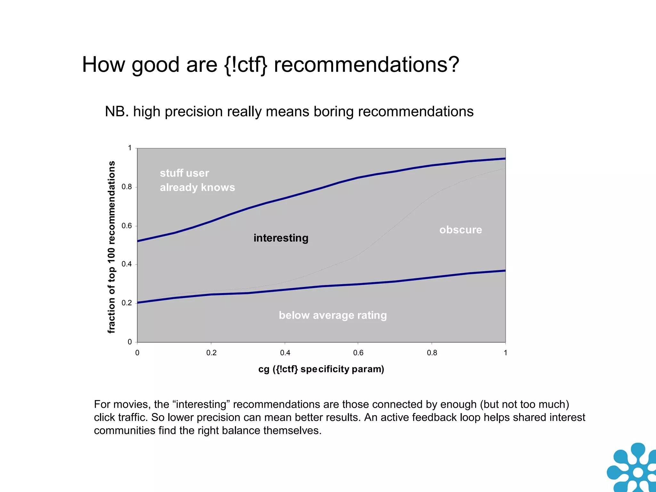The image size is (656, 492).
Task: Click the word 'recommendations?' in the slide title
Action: click(366, 65)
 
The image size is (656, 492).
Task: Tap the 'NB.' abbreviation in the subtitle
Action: click(117, 111)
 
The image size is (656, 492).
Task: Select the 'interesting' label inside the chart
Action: click(281, 238)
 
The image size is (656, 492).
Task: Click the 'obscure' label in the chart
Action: click(461, 230)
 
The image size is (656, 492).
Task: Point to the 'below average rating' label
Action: click(333, 315)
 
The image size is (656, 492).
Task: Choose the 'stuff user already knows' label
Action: click(197, 180)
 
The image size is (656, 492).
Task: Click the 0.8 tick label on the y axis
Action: click(127, 187)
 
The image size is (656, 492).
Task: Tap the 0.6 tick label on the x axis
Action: click(358, 353)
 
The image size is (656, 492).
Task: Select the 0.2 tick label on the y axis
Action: click(127, 303)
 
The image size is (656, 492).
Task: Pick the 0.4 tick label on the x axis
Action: click(285, 353)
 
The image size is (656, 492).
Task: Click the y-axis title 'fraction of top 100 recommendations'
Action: click(111, 247)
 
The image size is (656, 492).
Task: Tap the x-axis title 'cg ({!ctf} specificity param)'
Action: click(321, 369)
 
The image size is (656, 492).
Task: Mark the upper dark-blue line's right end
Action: click(504, 159)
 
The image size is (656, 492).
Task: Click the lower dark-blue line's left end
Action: click(138, 302)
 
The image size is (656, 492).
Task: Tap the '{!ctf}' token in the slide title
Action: click(245, 65)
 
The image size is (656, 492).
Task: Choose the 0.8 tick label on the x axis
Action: click(432, 353)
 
